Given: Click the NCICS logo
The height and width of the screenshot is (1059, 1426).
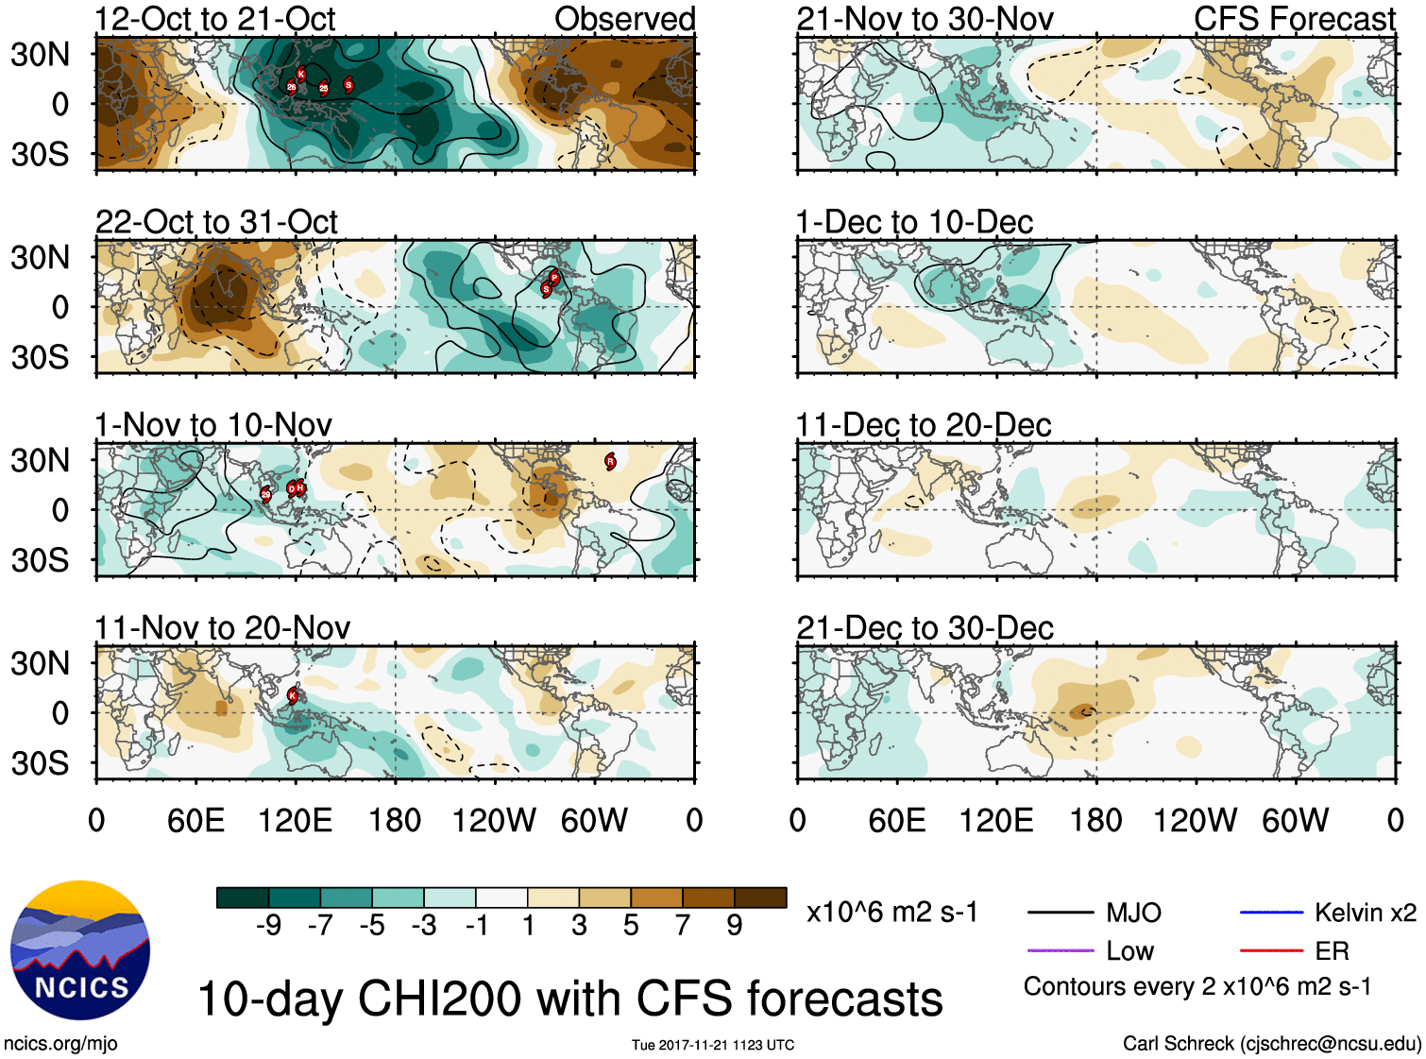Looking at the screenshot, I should pyautogui.click(x=80, y=949).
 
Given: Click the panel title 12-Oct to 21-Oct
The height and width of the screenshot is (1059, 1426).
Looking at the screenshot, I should pyautogui.click(x=215, y=19).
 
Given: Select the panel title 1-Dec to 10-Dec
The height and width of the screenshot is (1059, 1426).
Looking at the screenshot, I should pyautogui.click(x=914, y=222).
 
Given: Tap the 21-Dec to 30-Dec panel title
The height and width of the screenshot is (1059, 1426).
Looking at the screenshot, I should pyautogui.click(x=925, y=628).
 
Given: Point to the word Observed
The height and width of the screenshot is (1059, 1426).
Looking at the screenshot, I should pyautogui.click(x=624, y=19).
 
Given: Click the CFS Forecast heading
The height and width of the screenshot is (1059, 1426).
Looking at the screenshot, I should pyautogui.click(x=1294, y=19).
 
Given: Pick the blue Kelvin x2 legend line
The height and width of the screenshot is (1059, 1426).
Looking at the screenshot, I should pyautogui.click(x=1271, y=913).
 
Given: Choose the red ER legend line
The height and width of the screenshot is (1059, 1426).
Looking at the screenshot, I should pyautogui.click(x=1271, y=950).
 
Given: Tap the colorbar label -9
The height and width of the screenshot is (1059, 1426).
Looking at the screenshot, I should pyautogui.click(x=268, y=926).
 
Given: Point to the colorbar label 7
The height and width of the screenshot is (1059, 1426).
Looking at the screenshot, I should pyautogui.click(x=683, y=926).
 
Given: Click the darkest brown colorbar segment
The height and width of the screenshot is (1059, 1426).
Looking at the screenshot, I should pyautogui.click(x=760, y=897).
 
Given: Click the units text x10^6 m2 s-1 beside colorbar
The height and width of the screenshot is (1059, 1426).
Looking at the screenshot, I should pyautogui.click(x=891, y=913).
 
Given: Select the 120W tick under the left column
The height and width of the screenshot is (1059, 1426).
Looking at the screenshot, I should pyautogui.click(x=494, y=820).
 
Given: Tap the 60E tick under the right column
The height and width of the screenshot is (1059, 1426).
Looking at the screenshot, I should pyautogui.click(x=896, y=820).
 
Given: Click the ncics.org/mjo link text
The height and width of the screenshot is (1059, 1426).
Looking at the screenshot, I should pyautogui.click(x=60, y=1043).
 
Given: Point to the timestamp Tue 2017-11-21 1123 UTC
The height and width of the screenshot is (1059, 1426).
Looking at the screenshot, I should pyautogui.click(x=713, y=1045).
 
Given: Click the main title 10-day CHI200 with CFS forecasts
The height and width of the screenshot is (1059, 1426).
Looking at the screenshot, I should pyautogui.click(x=569, y=999).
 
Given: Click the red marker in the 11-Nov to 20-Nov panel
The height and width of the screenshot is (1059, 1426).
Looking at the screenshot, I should pyautogui.click(x=293, y=695).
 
